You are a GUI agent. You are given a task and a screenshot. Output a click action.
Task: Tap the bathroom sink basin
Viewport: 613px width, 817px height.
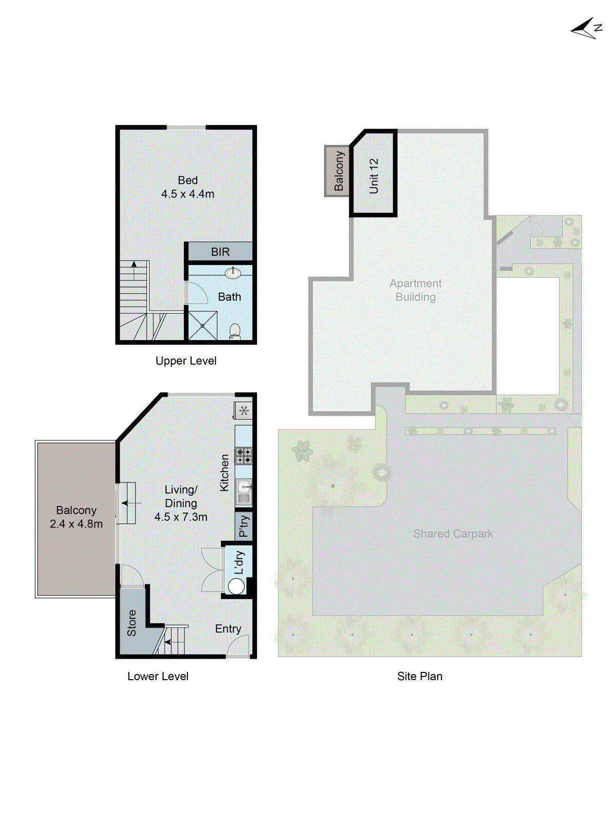click(233, 273)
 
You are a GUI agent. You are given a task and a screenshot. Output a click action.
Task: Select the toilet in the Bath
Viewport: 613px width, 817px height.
click(235, 330)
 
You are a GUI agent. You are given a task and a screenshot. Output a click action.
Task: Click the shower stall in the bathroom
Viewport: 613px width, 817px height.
click(202, 325)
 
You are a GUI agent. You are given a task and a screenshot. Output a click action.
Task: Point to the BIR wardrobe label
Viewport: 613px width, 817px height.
click(220, 252)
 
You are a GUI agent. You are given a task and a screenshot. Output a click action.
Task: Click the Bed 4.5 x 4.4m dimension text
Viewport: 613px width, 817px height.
click(187, 194)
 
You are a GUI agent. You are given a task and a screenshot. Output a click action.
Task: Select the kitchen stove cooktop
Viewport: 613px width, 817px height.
click(244, 455)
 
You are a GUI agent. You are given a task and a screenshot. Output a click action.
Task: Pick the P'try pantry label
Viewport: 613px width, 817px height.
click(244, 526)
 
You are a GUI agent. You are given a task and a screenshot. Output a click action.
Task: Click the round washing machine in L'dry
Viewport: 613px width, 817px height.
click(236, 587)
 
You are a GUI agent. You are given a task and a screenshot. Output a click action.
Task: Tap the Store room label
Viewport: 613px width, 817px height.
click(132, 622)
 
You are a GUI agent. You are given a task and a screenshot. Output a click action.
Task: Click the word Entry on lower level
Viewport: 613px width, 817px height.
click(228, 629)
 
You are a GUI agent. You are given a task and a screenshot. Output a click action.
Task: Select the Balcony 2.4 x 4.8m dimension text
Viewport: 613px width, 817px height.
click(76, 524)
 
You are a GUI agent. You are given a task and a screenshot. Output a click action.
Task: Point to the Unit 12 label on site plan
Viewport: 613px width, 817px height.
click(374, 176)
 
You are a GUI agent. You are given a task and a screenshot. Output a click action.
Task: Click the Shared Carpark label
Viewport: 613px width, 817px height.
click(453, 534)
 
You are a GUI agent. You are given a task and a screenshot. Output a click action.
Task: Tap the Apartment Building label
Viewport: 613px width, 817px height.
click(415, 290)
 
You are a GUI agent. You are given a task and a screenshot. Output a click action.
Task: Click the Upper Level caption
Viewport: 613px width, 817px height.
click(186, 361)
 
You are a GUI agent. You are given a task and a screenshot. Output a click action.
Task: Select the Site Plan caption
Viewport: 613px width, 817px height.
click(419, 676)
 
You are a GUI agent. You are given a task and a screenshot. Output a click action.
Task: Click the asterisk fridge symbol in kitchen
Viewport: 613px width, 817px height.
click(244, 410)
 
